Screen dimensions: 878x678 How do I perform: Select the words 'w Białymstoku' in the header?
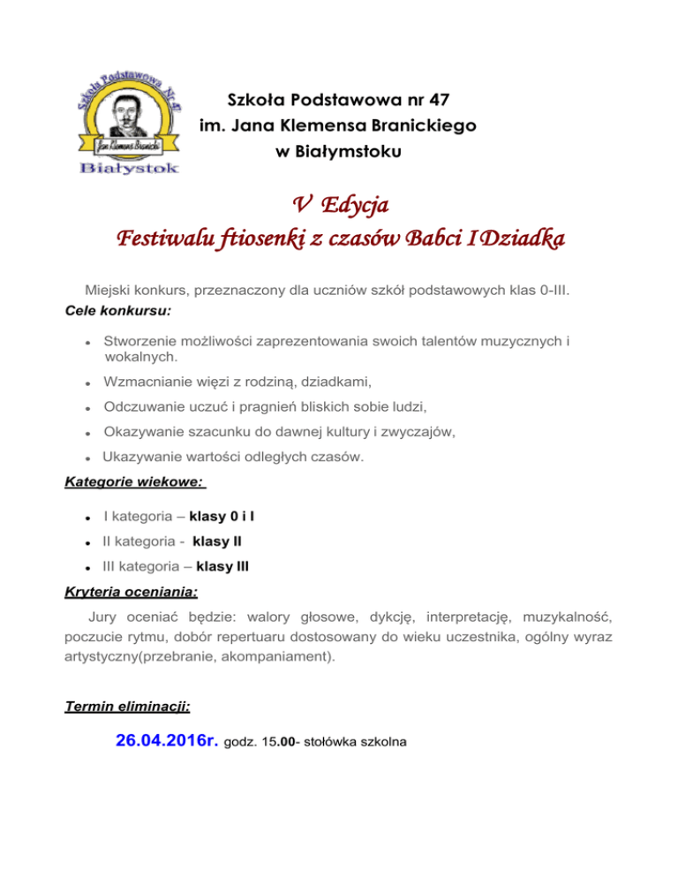click(x=339, y=152)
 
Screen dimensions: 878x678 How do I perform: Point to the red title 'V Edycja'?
click(x=339, y=205)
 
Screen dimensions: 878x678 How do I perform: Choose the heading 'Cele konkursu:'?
click(x=112, y=312)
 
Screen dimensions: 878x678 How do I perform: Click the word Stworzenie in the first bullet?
click(x=139, y=341)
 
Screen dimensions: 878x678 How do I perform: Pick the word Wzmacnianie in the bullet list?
click(x=147, y=382)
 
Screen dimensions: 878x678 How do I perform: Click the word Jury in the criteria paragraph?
click(x=104, y=615)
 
